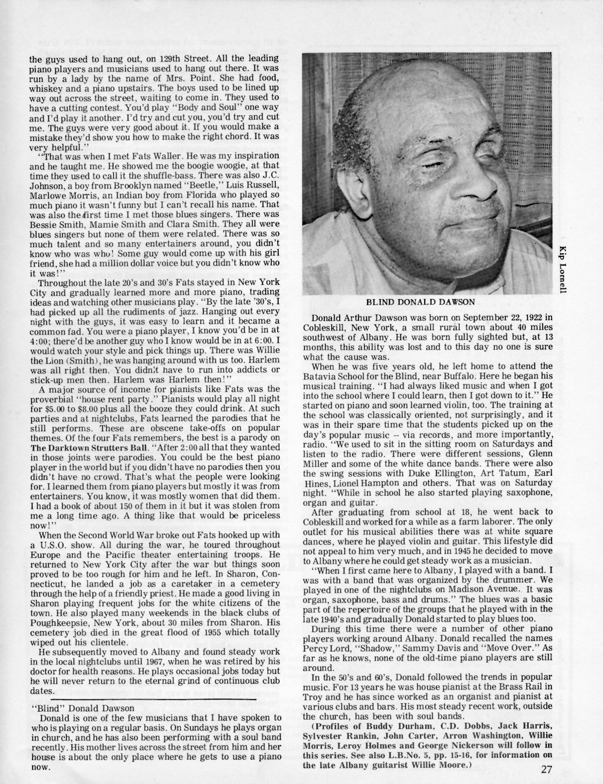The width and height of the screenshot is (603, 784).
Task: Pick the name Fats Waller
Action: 120,155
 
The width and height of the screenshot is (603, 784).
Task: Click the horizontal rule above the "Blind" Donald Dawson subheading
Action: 153,698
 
